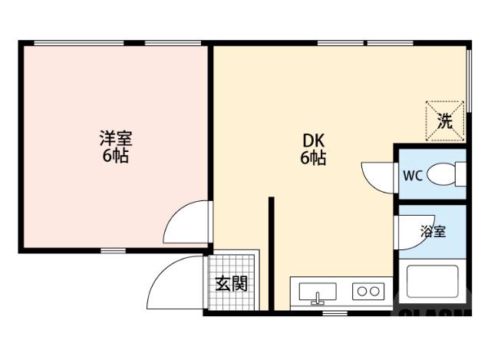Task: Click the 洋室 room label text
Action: [x=115, y=139]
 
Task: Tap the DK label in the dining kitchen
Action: [x=313, y=141]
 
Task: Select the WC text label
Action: [x=413, y=175]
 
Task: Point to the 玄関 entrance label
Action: [x=230, y=283]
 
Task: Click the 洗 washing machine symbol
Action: [x=445, y=121]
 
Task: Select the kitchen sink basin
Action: [x=317, y=292]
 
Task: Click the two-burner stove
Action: [x=367, y=291]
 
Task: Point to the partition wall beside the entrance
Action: [x=271, y=253]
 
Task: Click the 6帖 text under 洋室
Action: [x=115, y=157]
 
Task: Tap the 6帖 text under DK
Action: [x=313, y=159]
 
